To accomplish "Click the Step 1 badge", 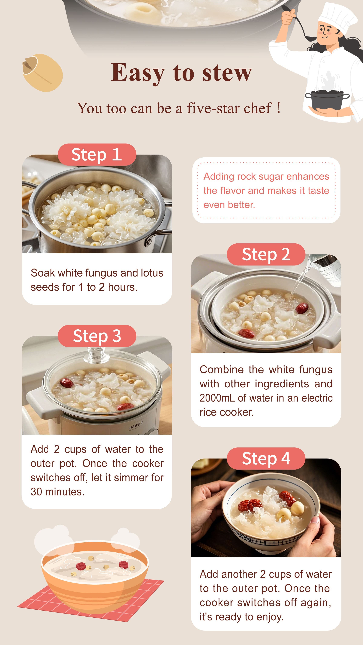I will tap(97, 155).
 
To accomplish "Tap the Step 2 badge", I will tap(266, 254).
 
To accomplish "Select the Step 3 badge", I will tap(97, 336).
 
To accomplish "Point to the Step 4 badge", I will tap(266, 459).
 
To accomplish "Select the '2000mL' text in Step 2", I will tap(217, 398).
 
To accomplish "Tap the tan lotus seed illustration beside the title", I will tap(43, 73).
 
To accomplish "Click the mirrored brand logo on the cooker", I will tap(136, 424).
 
